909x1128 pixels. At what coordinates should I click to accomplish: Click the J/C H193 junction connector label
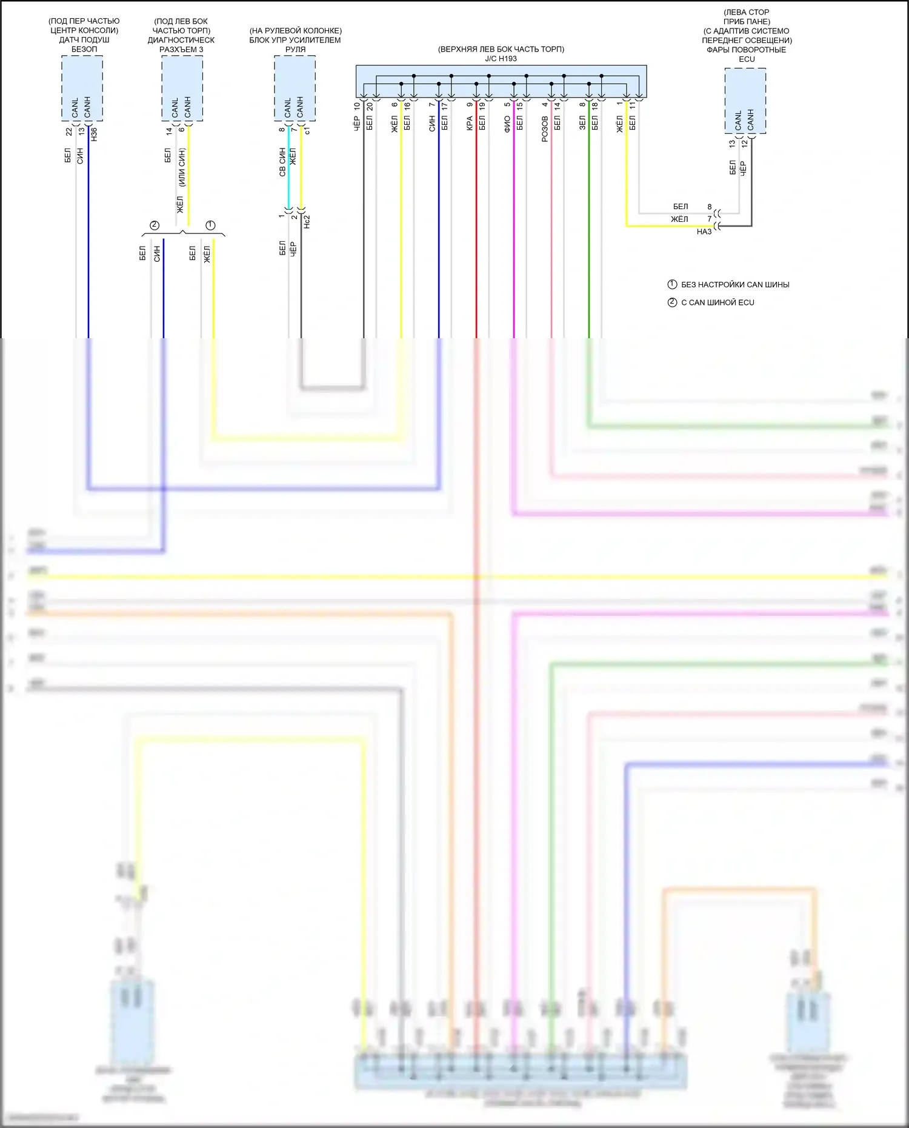pyautogui.click(x=501, y=59)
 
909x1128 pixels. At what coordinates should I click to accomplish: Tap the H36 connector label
pyautogui.click(x=94, y=135)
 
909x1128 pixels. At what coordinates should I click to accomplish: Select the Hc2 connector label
pyautogui.click(x=307, y=221)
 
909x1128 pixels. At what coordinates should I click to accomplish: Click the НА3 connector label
pyautogui.click(x=704, y=232)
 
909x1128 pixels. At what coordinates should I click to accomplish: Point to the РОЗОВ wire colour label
pyautogui.click(x=545, y=129)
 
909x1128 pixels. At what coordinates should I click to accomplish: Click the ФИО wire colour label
pyautogui.click(x=507, y=125)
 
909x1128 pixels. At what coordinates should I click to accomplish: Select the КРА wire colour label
pyautogui.click(x=470, y=124)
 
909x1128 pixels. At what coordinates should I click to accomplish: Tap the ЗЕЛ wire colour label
pyautogui.click(x=582, y=124)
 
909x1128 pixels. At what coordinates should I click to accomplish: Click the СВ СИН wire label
pyautogui.click(x=282, y=162)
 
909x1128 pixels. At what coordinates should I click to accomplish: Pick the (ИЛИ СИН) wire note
pyautogui.click(x=181, y=167)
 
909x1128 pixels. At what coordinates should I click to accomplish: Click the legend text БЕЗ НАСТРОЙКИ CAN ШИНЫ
pyautogui.click(x=735, y=285)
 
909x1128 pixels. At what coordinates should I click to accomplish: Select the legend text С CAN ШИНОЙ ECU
pyautogui.click(x=718, y=302)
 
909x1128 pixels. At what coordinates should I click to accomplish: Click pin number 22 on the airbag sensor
pyautogui.click(x=69, y=131)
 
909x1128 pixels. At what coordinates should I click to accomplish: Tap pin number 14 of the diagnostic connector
pyautogui.click(x=169, y=130)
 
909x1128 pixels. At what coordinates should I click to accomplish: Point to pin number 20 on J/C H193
pyautogui.click(x=369, y=106)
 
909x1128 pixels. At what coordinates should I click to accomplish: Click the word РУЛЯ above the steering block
pyautogui.click(x=295, y=50)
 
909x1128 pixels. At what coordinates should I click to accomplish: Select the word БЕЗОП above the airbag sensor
pyautogui.click(x=84, y=49)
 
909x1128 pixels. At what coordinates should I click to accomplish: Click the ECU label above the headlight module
pyautogui.click(x=747, y=59)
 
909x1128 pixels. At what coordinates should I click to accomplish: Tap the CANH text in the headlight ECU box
pyautogui.click(x=751, y=119)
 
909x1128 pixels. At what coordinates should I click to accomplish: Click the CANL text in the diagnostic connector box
pyautogui.click(x=176, y=107)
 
